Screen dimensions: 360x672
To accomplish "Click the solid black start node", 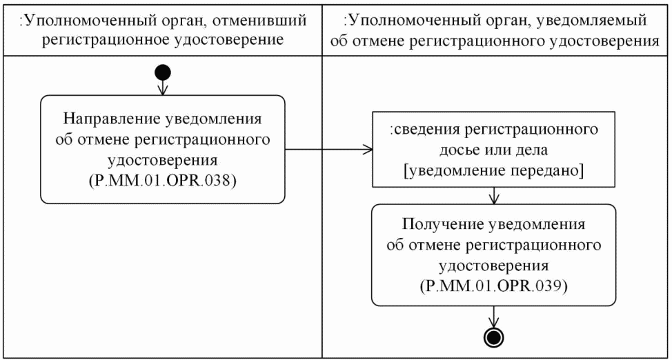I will [x=163, y=72].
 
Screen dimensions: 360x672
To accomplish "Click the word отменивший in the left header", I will [x=251, y=21].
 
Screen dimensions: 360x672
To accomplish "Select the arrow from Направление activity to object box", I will [x=328, y=150].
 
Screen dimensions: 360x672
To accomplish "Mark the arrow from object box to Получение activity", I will [x=493, y=196].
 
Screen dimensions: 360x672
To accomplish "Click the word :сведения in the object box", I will [x=419, y=130].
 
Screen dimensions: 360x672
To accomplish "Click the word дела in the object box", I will [x=529, y=150].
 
